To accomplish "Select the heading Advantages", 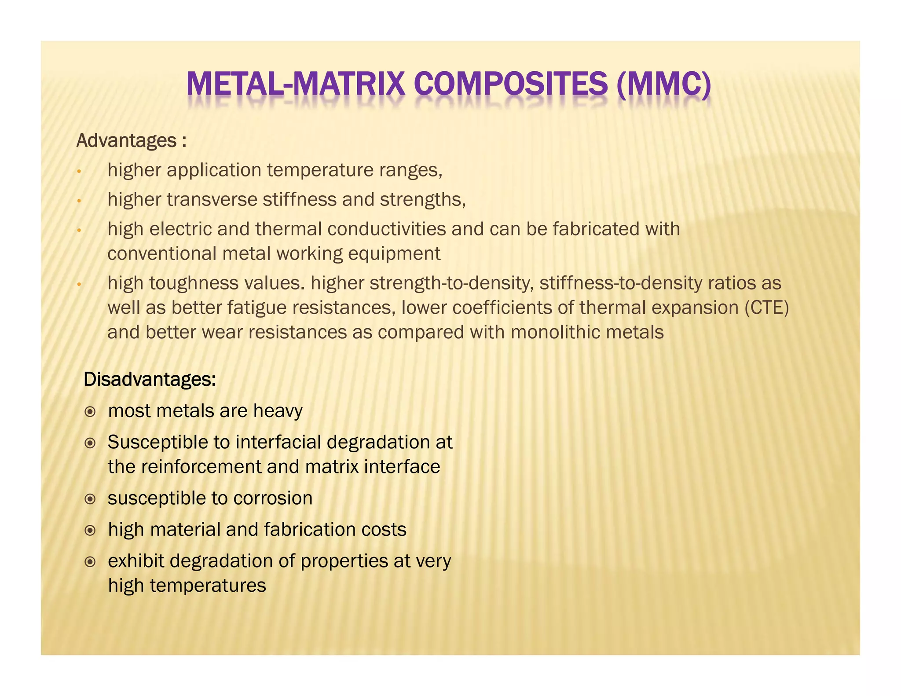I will [x=127, y=141].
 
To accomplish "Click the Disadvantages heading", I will [x=150, y=379].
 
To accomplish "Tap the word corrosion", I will [x=273, y=498].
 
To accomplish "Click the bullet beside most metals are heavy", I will [x=90, y=412].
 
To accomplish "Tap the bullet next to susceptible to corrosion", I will [x=90, y=499].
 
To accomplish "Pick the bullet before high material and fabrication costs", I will [x=90, y=531].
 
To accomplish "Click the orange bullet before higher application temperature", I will [x=79, y=171].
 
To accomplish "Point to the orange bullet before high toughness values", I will [x=79, y=284].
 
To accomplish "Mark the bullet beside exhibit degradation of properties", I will [x=90, y=562].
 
